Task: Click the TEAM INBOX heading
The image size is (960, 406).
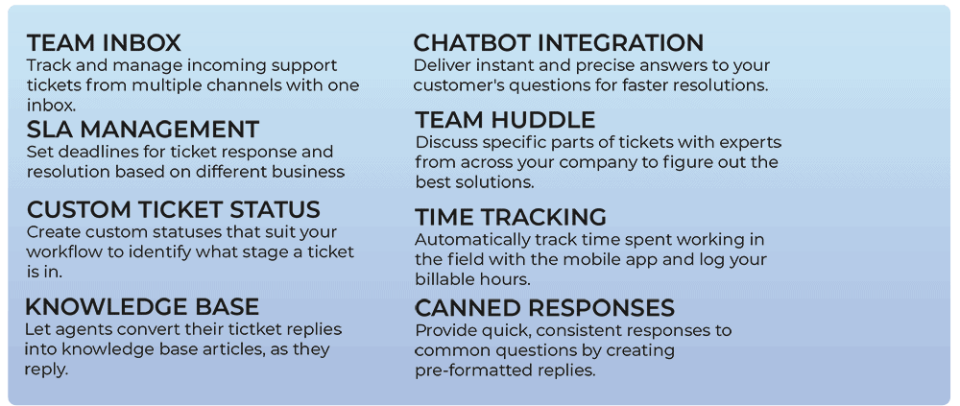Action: [x=104, y=43]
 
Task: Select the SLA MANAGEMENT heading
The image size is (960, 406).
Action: [x=143, y=130]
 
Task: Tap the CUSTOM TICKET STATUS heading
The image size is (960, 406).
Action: [x=173, y=209]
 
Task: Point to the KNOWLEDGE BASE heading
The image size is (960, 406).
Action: [x=141, y=306]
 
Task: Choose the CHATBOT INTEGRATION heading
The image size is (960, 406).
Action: [x=559, y=43]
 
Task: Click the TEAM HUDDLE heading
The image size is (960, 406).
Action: [x=505, y=120]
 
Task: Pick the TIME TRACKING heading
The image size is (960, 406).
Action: [x=511, y=217]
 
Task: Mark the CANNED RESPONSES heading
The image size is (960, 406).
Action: [x=545, y=307]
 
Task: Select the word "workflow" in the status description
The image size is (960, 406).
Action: [x=58, y=252]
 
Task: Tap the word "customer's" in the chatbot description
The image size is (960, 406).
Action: [x=452, y=85]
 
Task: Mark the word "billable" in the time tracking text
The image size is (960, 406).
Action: [x=442, y=279]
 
